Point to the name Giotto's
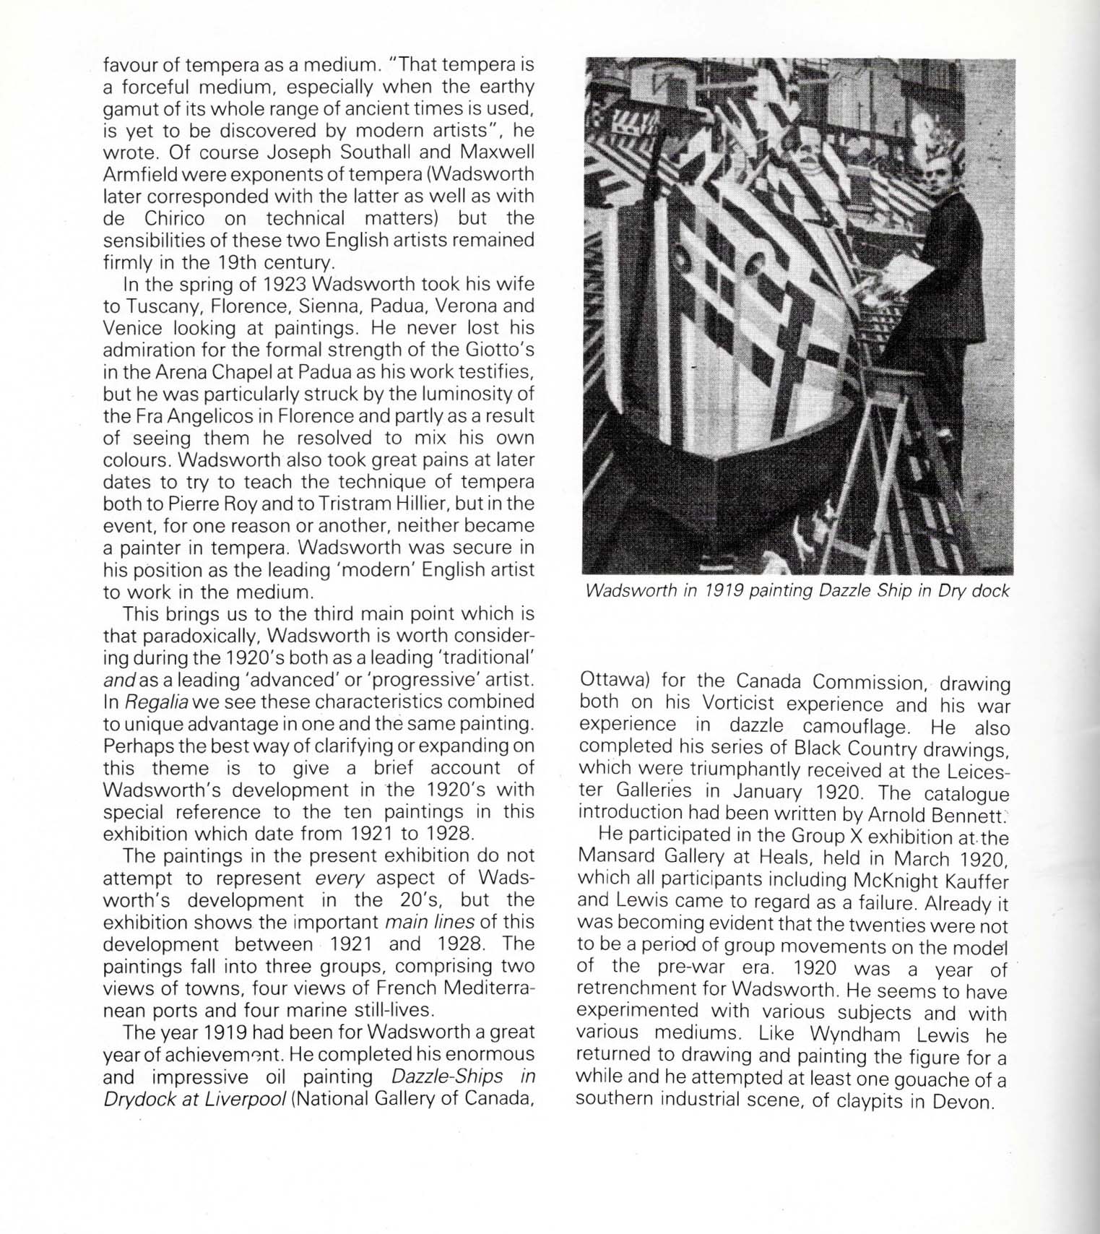[x=501, y=350]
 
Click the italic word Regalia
[x=157, y=702]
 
